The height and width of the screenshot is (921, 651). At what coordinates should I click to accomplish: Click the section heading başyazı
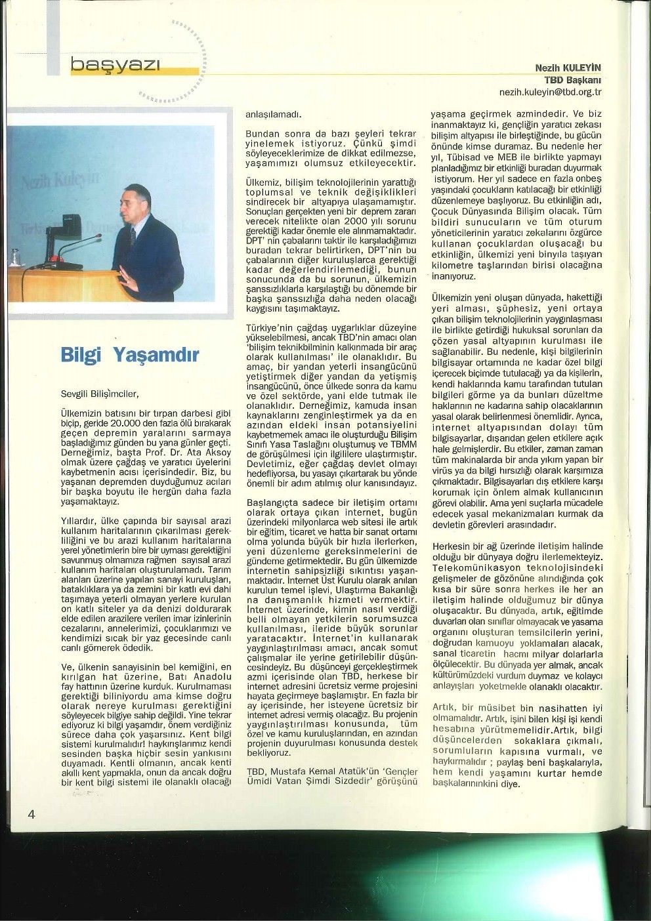pyautogui.click(x=115, y=64)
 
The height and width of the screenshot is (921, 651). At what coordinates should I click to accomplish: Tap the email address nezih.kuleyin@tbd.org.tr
pyautogui.click(x=550, y=91)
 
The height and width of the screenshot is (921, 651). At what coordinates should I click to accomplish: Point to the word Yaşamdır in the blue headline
pyautogui.click(x=156, y=356)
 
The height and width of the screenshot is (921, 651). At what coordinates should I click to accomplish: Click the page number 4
pyautogui.click(x=30, y=813)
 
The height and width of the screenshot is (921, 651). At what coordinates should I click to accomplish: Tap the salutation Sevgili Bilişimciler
pyautogui.click(x=99, y=395)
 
